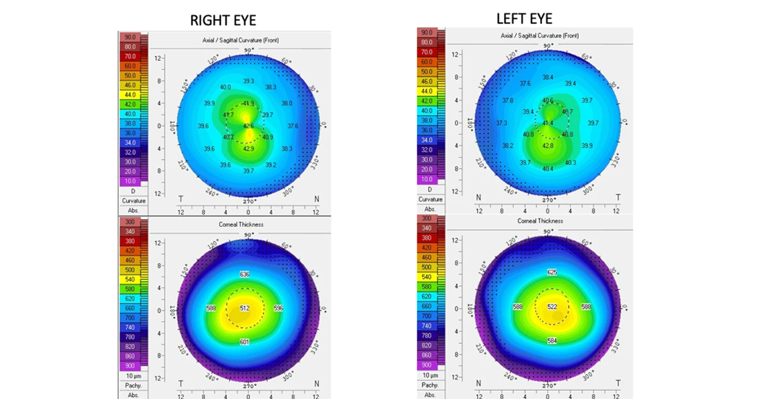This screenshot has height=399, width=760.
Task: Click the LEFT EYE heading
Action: coord(524,18)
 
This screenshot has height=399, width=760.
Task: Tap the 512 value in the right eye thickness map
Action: coord(245,308)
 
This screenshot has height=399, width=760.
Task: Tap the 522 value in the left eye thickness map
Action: coord(551,307)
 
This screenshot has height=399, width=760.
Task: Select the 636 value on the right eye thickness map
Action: coord(244,274)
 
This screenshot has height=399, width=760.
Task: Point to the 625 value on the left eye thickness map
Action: coord(551,272)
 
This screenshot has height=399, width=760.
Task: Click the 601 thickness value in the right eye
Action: coord(245,343)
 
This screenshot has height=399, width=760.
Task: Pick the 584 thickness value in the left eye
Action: coord(551,341)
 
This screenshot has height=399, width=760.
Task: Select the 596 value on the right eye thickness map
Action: coord(277,308)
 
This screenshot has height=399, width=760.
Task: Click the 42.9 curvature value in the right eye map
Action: coord(248,149)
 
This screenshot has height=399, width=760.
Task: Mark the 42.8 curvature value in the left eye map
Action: coord(548,146)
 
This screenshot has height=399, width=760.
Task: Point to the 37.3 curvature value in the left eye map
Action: coord(502,123)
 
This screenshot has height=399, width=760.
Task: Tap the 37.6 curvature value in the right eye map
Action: coord(293,126)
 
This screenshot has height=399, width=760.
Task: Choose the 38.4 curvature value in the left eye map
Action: coord(548,77)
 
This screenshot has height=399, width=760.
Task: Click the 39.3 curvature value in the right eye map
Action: coord(248,81)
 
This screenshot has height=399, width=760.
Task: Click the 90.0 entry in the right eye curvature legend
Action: coord(130,37)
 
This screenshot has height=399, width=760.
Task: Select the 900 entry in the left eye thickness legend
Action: coord(426,365)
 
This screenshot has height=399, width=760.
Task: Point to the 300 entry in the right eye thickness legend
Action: coord(130,222)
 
